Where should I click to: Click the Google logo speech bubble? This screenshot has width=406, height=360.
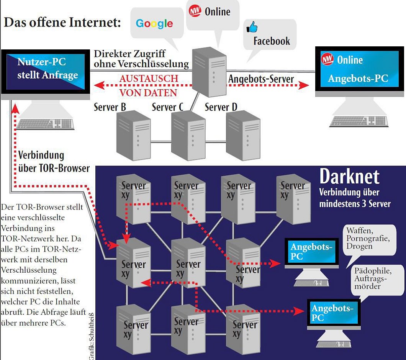154,23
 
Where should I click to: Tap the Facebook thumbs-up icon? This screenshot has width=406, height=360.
252,27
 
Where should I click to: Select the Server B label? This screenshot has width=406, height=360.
110,107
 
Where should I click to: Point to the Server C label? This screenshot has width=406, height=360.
168,107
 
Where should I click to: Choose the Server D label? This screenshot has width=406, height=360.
221,107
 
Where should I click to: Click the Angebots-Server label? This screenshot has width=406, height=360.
261,79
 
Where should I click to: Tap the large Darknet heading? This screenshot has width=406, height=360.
349,177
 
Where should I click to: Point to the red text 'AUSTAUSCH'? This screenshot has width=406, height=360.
149,79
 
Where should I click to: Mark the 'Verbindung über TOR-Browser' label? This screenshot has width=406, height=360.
54,162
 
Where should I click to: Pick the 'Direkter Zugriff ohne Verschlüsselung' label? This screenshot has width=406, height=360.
141,59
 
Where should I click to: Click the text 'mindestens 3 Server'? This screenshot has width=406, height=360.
355,204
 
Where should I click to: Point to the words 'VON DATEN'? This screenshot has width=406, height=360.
148,93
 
